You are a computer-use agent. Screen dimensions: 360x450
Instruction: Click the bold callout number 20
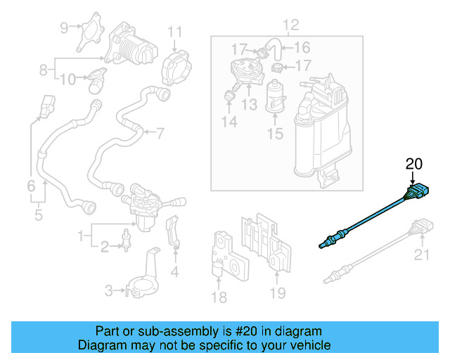point(413,165)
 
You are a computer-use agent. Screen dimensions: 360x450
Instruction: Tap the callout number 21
point(421,255)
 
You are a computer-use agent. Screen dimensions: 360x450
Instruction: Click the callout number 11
point(174,31)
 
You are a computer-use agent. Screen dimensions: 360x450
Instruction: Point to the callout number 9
point(64,28)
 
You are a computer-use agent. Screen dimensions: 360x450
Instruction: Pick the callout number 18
point(219,297)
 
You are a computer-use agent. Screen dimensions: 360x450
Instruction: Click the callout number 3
point(109,290)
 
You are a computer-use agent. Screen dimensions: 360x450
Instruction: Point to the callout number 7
point(160,132)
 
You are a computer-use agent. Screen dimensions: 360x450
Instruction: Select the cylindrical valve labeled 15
point(274,96)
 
